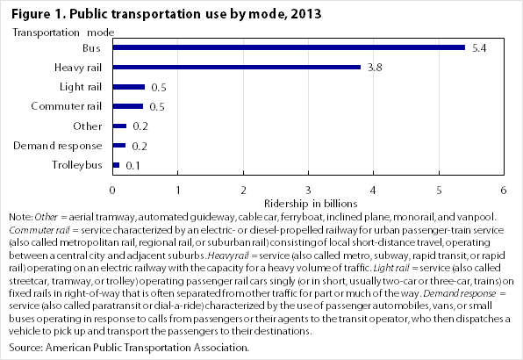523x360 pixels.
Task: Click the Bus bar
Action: (289, 47)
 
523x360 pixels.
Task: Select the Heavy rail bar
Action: (236, 67)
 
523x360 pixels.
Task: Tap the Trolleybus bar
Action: (116, 165)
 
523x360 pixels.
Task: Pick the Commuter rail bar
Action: (128, 106)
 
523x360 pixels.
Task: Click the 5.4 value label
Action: (479, 48)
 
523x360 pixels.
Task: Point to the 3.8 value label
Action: (375, 68)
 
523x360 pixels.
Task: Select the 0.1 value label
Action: (133, 166)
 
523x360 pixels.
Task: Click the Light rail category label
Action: (81, 87)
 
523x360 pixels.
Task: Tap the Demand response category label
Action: (57, 146)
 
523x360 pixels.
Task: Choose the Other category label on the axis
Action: (88, 126)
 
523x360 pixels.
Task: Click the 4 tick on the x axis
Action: (373, 191)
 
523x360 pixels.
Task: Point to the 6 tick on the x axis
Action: (504, 191)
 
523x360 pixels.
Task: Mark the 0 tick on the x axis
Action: (112, 191)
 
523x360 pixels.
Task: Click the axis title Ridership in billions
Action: (311, 204)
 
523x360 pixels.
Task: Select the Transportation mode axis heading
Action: (63, 32)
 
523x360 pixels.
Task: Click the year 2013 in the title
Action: (306, 14)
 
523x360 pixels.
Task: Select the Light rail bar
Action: (129, 87)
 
